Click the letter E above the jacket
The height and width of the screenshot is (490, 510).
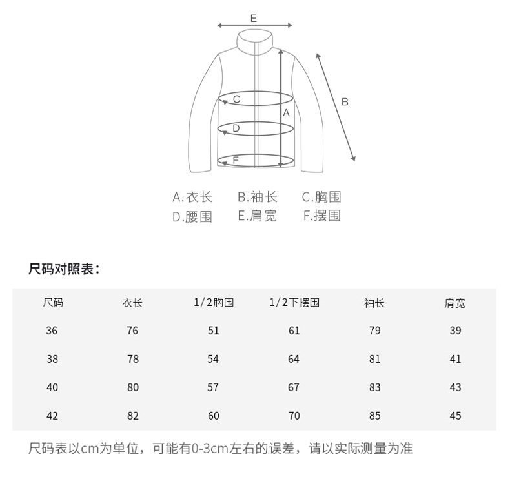pyautogui.click(x=254, y=18)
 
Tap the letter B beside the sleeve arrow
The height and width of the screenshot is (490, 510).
pyautogui.click(x=345, y=101)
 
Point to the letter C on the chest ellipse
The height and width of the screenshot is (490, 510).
pyautogui.click(x=237, y=99)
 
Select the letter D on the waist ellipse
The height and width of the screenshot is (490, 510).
pyautogui.click(x=236, y=128)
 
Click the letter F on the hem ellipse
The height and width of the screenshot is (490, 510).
pyautogui.click(x=236, y=159)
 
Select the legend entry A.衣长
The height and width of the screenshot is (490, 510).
pyautogui.click(x=192, y=198)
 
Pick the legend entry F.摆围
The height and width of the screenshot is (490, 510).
pyautogui.click(x=322, y=216)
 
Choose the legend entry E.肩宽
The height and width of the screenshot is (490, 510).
pyautogui.click(x=257, y=216)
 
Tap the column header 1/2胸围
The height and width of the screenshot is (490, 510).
pyautogui.click(x=214, y=302)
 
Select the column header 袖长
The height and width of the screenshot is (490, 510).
pyautogui.click(x=374, y=303)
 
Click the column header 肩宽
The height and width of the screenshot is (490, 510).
pyautogui.click(x=455, y=303)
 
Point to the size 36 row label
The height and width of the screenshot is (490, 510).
pyautogui.click(x=52, y=331)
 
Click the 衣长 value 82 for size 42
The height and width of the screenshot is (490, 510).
pyautogui.click(x=133, y=416)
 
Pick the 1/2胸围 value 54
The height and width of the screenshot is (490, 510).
pyautogui.click(x=214, y=359)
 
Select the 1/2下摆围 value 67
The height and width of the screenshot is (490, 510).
pyautogui.click(x=294, y=387)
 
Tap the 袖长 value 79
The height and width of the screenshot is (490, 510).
pyautogui.click(x=374, y=331)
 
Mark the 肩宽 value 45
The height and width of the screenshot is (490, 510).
pyautogui.click(x=456, y=416)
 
